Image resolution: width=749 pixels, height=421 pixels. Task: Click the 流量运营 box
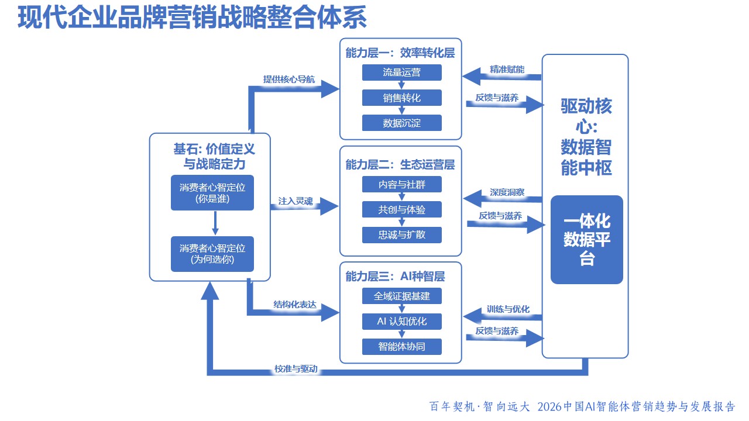[401, 73]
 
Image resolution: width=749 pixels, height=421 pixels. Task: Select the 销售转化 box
[401, 98]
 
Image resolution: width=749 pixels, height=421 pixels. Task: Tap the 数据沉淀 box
[401, 123]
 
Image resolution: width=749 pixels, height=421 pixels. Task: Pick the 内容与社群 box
[401, 184]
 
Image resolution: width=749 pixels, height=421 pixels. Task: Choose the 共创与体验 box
[401, 209]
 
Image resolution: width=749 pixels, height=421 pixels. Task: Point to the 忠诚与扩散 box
[401, 234]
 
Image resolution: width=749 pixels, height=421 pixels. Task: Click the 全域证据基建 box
[401, 296]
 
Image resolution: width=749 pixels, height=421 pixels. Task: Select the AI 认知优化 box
[401, 321]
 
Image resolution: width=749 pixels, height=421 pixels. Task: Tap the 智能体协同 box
[401, 346]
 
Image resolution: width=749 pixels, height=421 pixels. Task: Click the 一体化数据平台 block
[586, 240]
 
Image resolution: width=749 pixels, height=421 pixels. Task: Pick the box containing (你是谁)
[212, 192]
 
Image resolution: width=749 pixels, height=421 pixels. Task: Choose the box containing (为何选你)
[212, 254]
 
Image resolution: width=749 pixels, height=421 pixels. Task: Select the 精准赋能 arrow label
[507, 69]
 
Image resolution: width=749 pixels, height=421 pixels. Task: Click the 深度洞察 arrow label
[507, 192]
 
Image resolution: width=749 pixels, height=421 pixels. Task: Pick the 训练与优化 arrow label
[508, 309]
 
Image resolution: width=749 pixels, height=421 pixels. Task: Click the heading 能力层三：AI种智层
[395, 275]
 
